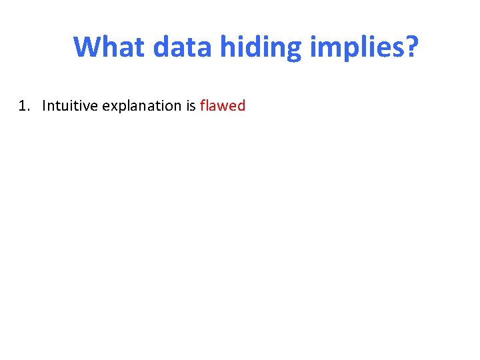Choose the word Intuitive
tap(69, 106)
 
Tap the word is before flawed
tap(190, 106)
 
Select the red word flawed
tap(223, 106)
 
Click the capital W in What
tap(87, 47)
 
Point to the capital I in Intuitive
tap(44, 106)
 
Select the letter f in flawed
tap(203, 105)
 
